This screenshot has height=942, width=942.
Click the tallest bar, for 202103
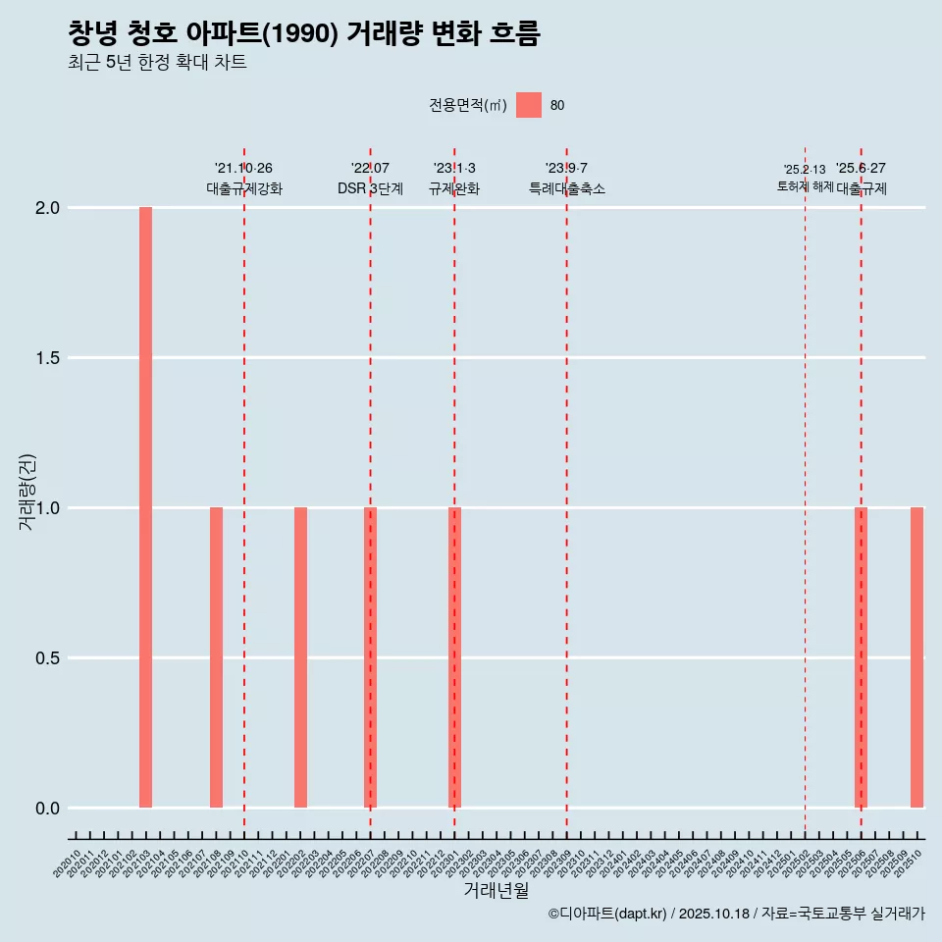[145, 507]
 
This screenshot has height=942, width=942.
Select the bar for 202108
[216, 657]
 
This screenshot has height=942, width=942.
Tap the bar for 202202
[300, 657]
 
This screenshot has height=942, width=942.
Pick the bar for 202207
[370, 657]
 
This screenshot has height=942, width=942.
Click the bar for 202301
[454, 657]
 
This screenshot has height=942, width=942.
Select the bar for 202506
[861, 657]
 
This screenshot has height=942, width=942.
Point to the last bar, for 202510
[916, 657]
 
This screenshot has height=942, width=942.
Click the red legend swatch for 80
[529, 105]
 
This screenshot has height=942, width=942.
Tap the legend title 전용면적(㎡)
[467, 105]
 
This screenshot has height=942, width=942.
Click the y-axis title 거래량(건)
[26, 492]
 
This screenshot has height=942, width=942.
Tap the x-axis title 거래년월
[496, 891]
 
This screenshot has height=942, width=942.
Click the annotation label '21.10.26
[243, 168]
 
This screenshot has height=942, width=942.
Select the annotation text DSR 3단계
[370, 188]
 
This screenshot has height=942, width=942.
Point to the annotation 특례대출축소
[566, 188]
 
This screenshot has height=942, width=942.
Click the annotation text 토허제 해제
[805, 186]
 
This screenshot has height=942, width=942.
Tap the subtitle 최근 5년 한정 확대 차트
[157, 63]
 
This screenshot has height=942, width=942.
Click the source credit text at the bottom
[736, 914]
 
